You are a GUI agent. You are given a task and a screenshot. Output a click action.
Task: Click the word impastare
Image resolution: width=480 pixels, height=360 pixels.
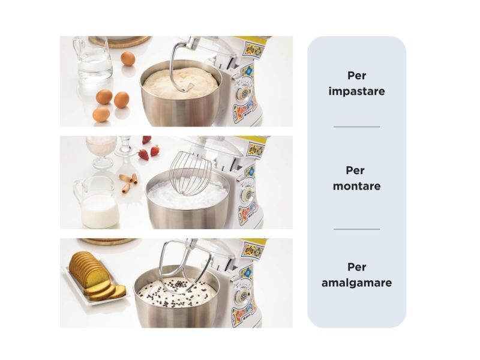[x=356, y=91]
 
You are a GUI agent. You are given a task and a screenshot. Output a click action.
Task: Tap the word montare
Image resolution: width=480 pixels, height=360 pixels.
[x=356, y=186]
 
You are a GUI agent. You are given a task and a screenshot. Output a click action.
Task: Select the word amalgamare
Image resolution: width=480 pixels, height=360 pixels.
[x=356, y=283]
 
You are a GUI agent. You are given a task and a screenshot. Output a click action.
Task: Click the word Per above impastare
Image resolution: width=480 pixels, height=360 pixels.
[x=356, y=76]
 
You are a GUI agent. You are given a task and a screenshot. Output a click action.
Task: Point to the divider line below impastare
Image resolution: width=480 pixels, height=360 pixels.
[x=356, y=127]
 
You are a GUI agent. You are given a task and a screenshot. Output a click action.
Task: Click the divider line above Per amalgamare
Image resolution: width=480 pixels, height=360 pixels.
[x=356, y=229]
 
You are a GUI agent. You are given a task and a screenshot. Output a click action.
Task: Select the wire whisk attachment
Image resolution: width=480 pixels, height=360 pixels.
[x=190, y=173]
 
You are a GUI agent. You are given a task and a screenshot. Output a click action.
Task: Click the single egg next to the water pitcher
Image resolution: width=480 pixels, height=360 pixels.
[x=128, y=58]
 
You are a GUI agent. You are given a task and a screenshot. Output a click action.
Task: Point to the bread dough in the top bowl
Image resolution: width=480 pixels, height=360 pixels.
[x=181, y=83]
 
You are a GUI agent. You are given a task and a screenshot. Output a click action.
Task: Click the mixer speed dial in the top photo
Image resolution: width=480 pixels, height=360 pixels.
[x=244, y=91]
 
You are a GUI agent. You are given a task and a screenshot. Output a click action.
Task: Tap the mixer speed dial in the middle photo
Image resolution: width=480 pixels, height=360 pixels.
[x=248, y=193]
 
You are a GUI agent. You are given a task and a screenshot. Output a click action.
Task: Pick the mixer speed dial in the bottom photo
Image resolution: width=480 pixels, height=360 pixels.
[x=244, y=295]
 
